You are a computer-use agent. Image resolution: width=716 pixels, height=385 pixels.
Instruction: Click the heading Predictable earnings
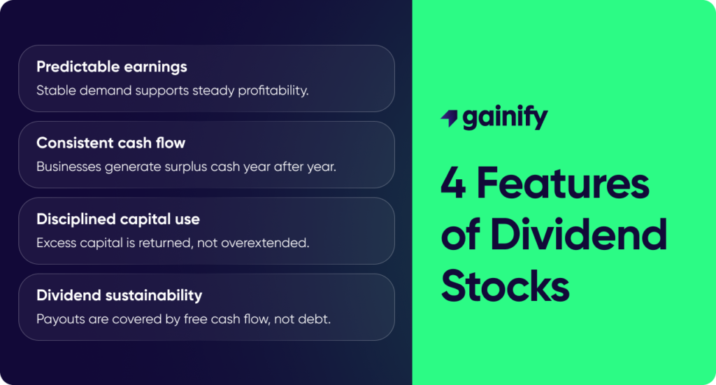pyautogui.click(x=112, y=67)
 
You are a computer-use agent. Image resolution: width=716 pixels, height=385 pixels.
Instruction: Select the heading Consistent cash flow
pyautogui.click(x=110, y=143)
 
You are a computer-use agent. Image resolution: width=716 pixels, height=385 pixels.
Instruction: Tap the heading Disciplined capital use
pyautogui.click(x=118, y=219)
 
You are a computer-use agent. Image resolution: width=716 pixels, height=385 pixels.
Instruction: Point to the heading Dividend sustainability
pyautogui.click(x=119, y=295)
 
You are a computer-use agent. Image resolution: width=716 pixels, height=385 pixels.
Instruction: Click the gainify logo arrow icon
pyautogui.click(x=449, y=119)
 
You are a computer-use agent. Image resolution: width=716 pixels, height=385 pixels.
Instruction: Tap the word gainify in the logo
pyautogui.click(x=505, y=119)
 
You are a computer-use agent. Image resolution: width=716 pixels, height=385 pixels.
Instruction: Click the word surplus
pyautogui.click(x=201, y=167)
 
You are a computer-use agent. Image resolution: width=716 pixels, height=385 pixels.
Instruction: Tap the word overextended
pyautogui.click(x=272, y=243)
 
